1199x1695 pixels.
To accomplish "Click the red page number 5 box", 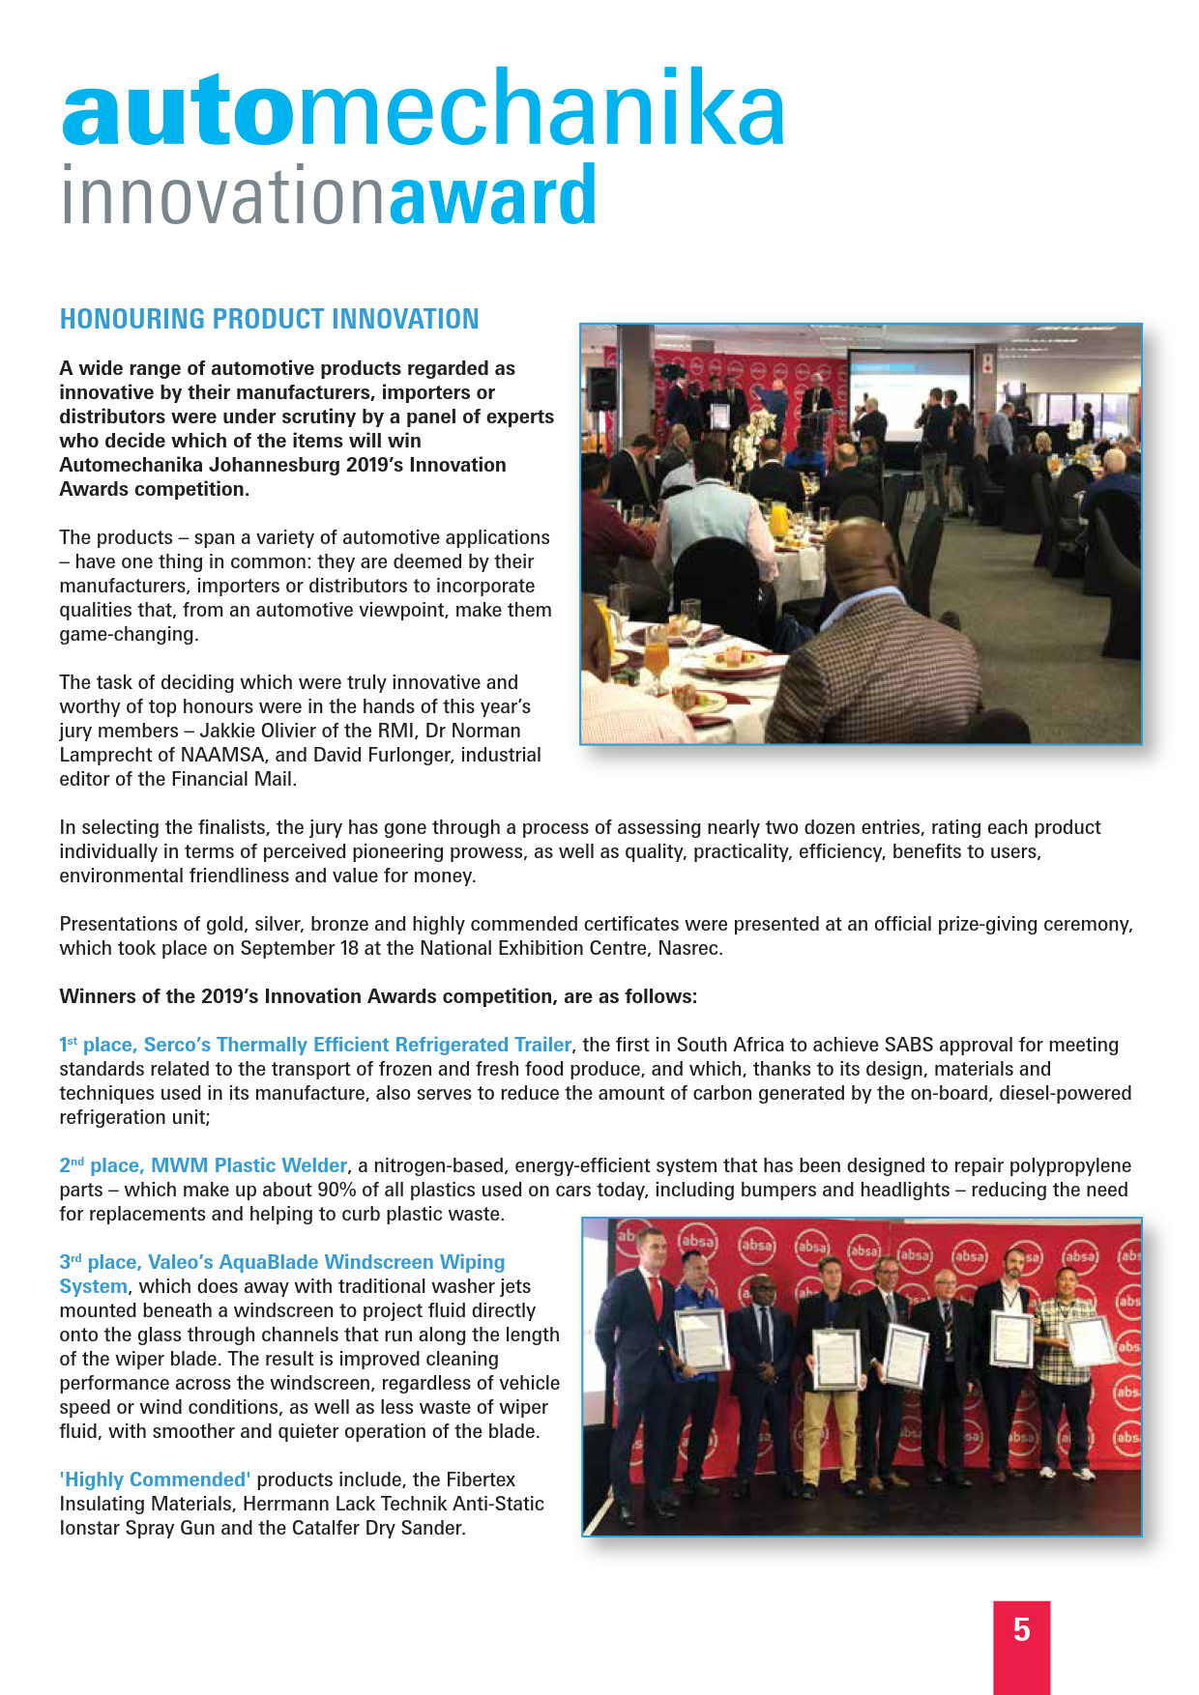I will [1021, 1643].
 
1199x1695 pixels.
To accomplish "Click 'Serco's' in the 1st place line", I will [177, 1045].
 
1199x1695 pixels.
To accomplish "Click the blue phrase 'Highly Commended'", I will [156, 1480].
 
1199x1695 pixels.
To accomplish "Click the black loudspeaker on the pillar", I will [601, 388].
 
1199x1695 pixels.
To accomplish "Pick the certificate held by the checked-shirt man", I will [1090, 1341].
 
